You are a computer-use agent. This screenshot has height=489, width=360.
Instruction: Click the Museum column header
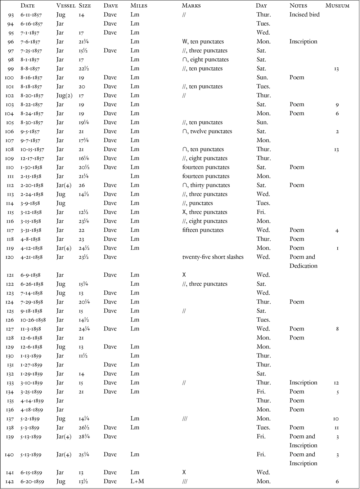(x=337, y=6)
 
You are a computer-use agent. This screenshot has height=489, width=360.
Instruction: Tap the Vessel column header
(x=66, y=6)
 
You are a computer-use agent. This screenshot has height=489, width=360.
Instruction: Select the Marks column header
(x=191, y=6)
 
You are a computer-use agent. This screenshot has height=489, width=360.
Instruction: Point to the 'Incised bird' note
(x=304, y=15)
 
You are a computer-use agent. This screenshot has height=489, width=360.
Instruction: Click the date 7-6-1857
(x=30, y=42)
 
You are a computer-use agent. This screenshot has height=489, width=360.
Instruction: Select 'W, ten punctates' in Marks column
(x=203, y=42)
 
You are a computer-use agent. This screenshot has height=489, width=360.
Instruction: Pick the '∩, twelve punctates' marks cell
(x=207, y=132)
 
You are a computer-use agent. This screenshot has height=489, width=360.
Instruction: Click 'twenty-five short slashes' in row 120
(x=213, y=257)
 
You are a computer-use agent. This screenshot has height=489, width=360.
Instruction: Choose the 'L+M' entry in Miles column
(x=137, y=481)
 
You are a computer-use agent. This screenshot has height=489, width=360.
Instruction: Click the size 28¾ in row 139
(x=84, y=437)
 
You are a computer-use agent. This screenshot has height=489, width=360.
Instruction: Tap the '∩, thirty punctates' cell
(x=206, y=185)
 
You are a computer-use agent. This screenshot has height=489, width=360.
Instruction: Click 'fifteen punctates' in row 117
(x=203, y=230)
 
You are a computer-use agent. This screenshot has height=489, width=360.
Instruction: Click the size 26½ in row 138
(x=84, y=428)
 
